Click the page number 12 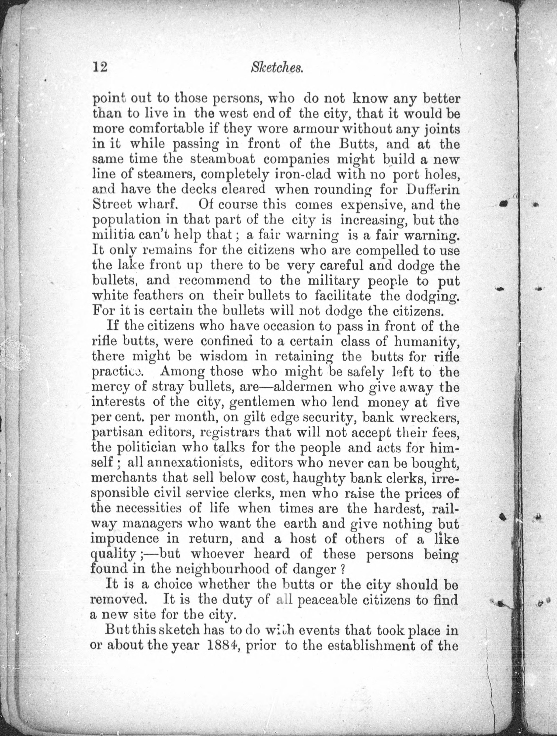[100, 68]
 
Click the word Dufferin [432, 190]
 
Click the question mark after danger [341, 569]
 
